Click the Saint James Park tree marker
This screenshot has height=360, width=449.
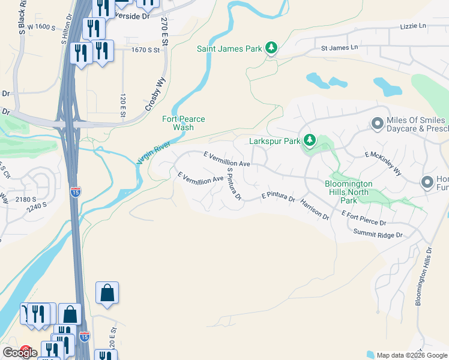tap(271, 47)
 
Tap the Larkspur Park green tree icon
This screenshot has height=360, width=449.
tap(309, 141)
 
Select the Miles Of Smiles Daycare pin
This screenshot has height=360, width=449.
tap(377, 123)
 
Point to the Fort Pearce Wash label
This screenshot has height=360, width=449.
tap(184, 123)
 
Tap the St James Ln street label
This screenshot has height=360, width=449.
tap(339, 47)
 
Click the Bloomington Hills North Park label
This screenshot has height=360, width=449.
tap(349, 191)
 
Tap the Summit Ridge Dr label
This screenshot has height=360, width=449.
tap(378, 233)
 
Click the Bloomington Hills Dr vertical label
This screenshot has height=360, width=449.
tap(423, 275)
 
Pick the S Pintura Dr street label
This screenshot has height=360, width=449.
tap(233, 184)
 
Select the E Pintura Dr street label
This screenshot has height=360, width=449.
tap(278, 197)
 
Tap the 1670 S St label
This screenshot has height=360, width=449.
tap(146, 51)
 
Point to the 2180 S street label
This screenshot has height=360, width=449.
tap(26, 199)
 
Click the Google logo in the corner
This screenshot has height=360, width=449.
tap(20, 353)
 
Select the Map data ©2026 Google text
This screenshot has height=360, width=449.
tap(411, 355)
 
